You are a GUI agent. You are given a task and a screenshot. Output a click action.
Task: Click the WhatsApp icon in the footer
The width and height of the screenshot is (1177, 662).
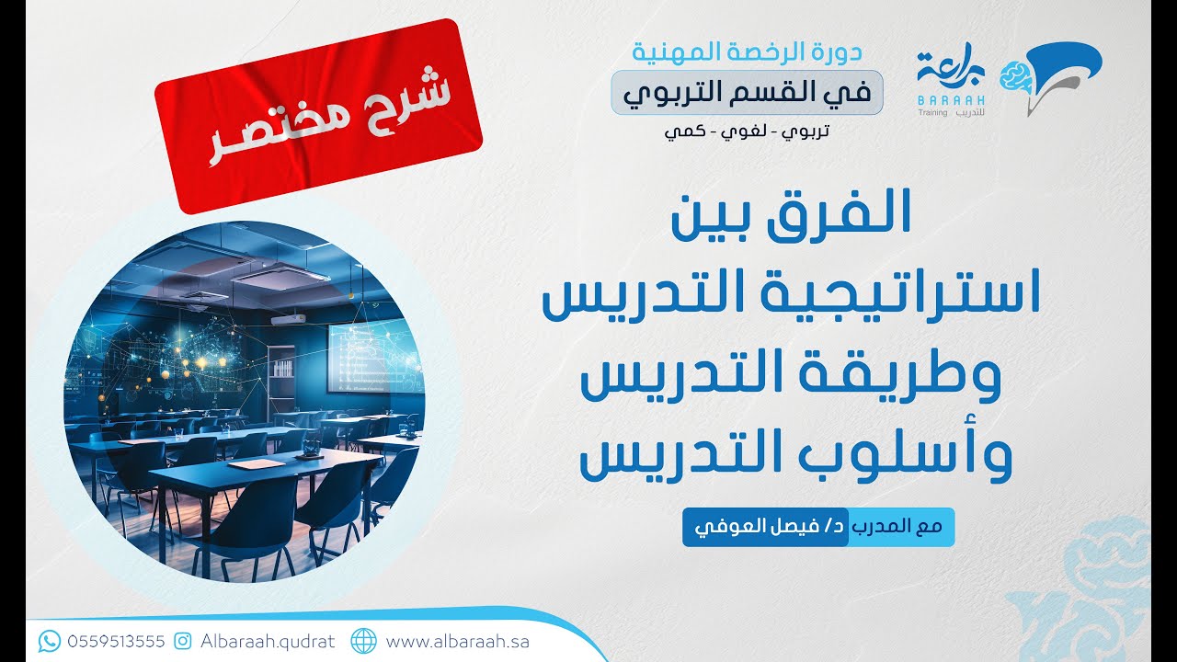(x=50, y=640)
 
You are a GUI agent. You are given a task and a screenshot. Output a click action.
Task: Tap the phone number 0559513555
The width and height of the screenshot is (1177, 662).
(x=116, y=641)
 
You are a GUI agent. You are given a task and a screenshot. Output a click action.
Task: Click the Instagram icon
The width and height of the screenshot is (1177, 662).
(x=183, y=640)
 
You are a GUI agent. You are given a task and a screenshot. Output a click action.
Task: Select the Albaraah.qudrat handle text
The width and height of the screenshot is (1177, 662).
(x=268, y=641)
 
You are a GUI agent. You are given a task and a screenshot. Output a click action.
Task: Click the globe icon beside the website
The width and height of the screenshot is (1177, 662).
(x=364, y=640)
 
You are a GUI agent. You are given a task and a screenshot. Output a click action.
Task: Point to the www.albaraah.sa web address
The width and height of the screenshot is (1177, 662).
(x=457, y=641)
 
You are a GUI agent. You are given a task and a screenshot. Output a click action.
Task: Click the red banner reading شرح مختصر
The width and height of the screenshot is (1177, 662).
(x=319, y=117)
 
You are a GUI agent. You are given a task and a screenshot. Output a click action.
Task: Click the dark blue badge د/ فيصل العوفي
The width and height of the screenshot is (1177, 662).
(x=763, y=529)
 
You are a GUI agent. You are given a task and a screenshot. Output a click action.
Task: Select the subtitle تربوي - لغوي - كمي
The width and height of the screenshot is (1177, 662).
(x=746, y=131)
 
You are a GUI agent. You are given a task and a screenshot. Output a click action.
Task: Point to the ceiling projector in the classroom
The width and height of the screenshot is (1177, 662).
(x=288, y=319)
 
